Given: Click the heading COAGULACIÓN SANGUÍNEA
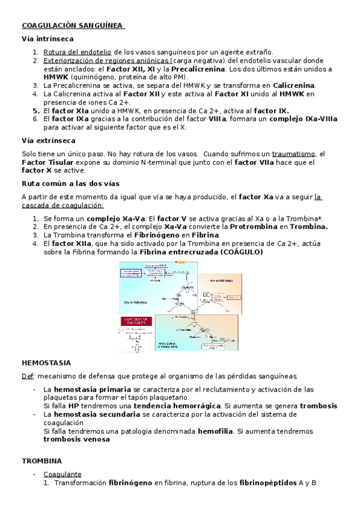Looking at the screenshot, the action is click(x=73, y=26).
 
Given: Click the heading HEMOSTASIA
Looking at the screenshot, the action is click(x=46, y=363).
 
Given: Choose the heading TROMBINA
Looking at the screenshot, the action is click(x=42, y=461).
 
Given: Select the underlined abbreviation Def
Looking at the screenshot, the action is click(x=27, y=376).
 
